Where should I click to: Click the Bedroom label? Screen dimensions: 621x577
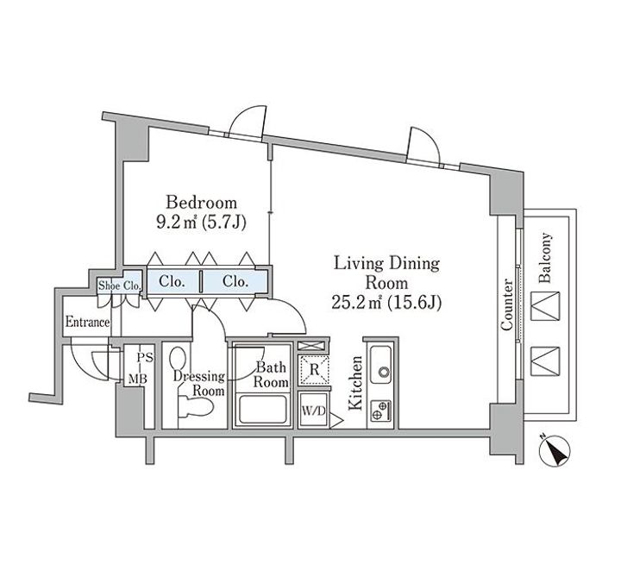(201, 203)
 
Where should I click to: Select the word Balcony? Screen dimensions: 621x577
(545, 258)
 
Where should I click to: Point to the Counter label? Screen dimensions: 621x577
(506, 304)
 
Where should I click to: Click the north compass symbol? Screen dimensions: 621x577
(555, 450)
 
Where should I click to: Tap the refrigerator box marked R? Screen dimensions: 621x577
(314, 370)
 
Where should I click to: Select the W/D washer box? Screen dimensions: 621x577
(313, 411)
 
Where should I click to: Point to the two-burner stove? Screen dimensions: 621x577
(381, 411)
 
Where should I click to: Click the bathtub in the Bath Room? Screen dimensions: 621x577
(261, 410)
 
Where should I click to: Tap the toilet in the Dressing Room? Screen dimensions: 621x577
(195, 407)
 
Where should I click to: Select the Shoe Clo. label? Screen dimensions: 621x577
(119, 285)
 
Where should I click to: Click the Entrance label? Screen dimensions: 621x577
(87, 322)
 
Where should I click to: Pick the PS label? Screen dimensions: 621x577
(145, 358)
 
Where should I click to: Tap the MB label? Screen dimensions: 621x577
(137, 379)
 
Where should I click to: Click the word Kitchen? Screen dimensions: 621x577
(355, 383)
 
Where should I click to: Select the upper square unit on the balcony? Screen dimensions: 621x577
(545, 305)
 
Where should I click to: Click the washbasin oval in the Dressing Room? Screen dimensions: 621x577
(177, 359)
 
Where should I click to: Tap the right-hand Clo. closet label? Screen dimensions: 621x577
(235, 281)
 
